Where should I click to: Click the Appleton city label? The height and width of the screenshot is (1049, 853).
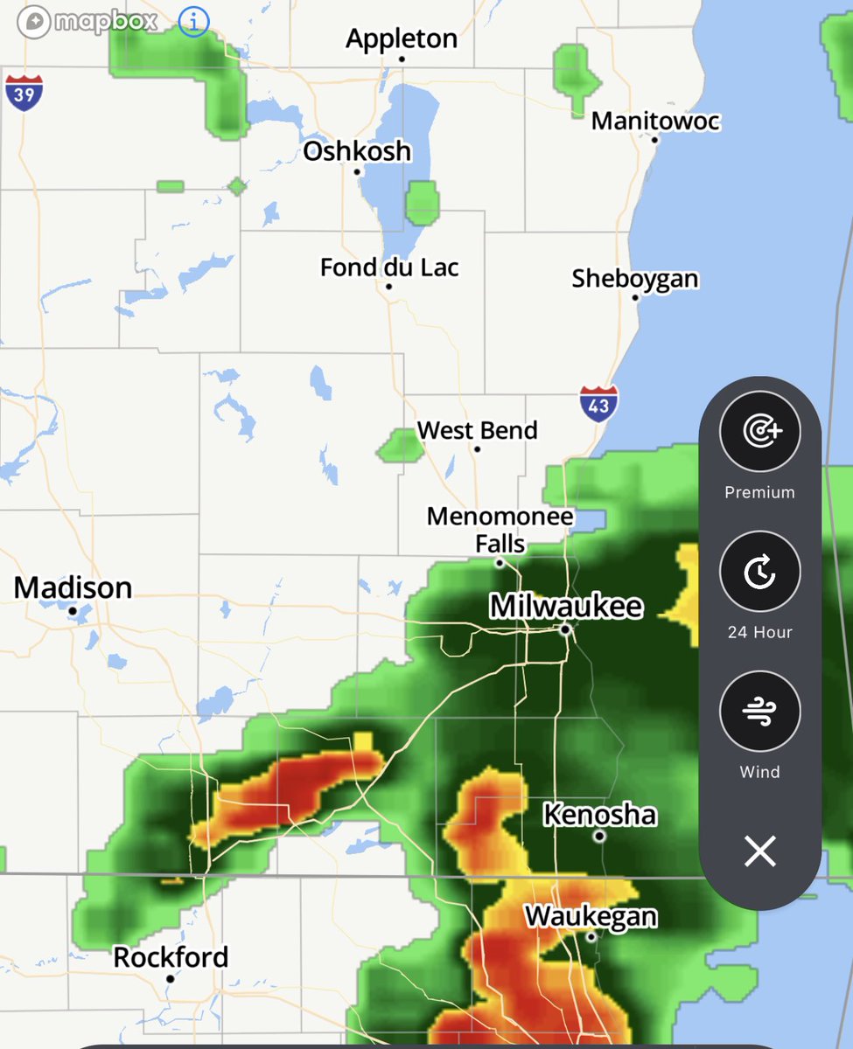(x=402, y=39)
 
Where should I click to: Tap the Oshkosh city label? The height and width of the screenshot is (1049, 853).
(x=357, y=151)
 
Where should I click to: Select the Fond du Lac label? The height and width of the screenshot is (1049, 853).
(x=389, y=267)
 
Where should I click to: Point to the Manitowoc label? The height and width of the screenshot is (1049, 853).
(x=655, y=121)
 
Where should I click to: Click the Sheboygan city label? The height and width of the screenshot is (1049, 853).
(x=635, y=279)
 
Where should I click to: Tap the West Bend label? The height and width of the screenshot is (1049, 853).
(x=477, y=430)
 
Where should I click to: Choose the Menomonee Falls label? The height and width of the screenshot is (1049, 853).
(x=500, y=530)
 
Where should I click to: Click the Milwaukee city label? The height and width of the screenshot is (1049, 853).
(x=566, y=607)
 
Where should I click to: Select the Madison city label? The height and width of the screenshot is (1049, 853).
(x=73, y=587)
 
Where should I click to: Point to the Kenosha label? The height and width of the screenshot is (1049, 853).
(x=599, y=815)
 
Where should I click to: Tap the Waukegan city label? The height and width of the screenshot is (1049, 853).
(x=591, y=916)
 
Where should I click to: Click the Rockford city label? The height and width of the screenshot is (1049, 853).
(x=171, y=957)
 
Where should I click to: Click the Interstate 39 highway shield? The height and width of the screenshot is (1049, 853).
(x=24, y=92)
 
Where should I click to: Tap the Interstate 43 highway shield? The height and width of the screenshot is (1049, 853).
(x=598, y=405)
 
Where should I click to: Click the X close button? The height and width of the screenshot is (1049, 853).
(x=759, y=851)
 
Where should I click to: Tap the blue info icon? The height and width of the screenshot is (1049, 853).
(x=193, y=22)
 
